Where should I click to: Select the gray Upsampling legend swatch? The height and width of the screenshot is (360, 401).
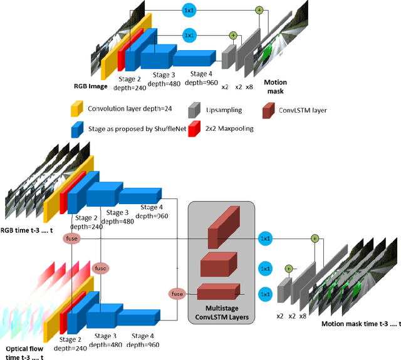(x=194, y=111)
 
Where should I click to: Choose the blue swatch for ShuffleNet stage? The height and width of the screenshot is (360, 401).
(x=76, y=129)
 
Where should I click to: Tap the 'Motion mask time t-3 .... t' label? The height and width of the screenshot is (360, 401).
(x=360, y=324)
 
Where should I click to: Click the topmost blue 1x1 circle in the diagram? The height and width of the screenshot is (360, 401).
(x=189, y=11)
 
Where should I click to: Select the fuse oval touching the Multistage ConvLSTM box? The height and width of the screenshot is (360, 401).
(x=177, y=293)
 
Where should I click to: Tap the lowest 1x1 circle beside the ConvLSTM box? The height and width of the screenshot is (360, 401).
(x=266, y=294)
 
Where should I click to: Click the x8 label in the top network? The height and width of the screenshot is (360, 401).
(x=249, y=86)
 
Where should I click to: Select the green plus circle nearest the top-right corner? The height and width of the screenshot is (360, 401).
(x=259, y=10)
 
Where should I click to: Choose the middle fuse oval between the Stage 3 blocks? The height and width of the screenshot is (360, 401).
(x=100, y=267)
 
